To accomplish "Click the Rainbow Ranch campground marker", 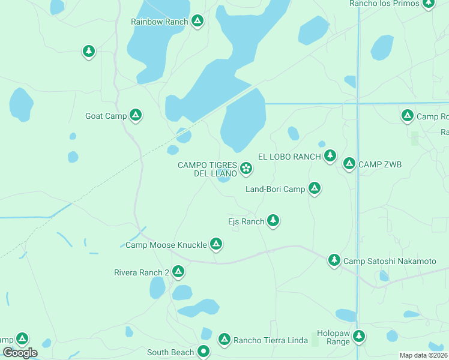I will (197, 22).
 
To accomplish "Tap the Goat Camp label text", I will (105, 116).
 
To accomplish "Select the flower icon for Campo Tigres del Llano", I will (246, 169).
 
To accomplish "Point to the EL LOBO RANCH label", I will (289, 157).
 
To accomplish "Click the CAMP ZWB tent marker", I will (349, 164).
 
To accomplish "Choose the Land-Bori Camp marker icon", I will (314, 189).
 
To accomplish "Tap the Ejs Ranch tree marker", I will (273, 221).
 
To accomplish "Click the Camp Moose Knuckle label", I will (166, 245).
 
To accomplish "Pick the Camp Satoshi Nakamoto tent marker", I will (334, 260).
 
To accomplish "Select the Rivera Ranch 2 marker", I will (178, 272).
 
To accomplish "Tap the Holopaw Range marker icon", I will (359, 336).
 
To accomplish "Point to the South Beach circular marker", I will (204, 352).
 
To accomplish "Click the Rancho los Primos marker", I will (428, 4).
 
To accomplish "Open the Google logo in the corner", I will (20, 353).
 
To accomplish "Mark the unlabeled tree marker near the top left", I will (89, 52).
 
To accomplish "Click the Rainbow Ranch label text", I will (160, 22).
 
